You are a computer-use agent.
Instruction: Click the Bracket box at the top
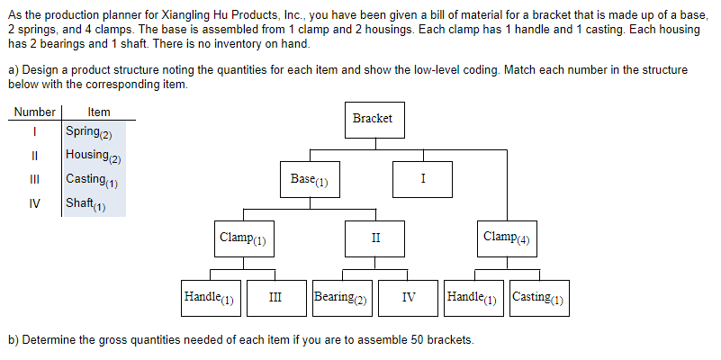[x=373, y=119]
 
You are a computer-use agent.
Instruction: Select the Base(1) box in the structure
[x=310, y=179]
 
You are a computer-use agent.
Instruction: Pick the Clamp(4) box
[x=508, y=238]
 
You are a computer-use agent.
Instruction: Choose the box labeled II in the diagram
[x=375, y=238]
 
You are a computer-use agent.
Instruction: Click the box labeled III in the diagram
[x=275, y=297]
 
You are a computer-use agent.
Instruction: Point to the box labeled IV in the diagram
[x=408, y=297]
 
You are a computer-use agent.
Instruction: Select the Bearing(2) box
[x=341, y=297]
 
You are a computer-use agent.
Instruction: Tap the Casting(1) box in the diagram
[x=538, y=297]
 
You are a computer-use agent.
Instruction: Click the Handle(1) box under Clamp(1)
[x=208, y=297]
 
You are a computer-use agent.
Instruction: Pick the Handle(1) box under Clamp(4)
[x=473, y=297]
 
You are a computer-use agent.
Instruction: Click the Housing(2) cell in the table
[x=94, y=156]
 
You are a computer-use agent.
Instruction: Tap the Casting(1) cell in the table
[x=94, y=179]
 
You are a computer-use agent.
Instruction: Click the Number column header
[x=34, y=112]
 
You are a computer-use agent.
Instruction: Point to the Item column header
[x=99, y=112]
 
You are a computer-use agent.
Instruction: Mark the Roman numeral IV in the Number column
[x=34, y=203]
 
